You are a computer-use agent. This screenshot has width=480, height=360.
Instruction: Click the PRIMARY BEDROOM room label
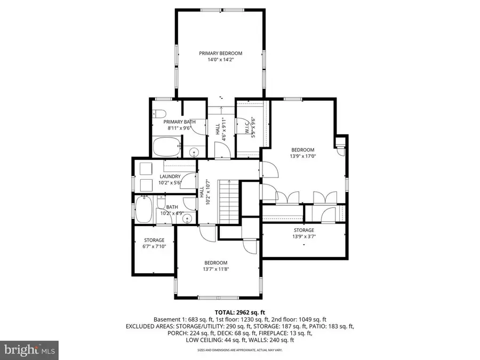point(220,53)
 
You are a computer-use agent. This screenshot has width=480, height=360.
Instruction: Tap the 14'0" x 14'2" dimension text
point(220,60)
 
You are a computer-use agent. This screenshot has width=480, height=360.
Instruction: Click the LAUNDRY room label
point(170,177)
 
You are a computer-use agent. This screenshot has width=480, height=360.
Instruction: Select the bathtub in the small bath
point(143,210)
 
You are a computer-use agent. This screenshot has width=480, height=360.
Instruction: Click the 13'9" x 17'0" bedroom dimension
point(302,157)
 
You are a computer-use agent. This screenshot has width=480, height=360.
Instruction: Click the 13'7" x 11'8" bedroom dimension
point(215,269)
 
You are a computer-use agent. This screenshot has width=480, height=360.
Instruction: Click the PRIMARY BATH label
point(179,122)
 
